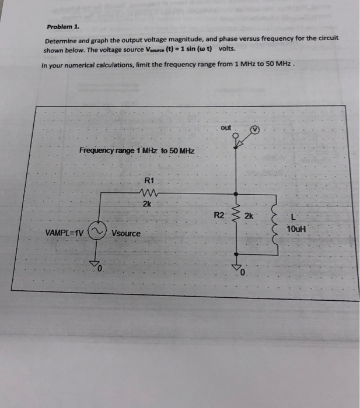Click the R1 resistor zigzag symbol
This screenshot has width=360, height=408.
(x=146, y=192)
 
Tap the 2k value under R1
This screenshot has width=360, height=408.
(x=147, y=204)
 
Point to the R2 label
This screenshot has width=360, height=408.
(x=219, y=215)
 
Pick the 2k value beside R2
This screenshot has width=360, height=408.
(x=249, y=215)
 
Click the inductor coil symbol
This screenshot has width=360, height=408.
(x=271, y=224)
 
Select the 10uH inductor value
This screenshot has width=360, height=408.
(x=296, y=229)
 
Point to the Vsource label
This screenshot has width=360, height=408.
(x=126, y=233)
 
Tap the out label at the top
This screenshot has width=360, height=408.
(x=226, y=128)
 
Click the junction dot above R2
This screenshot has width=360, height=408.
(x=236, y=194)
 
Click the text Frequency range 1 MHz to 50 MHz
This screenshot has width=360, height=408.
(x=137, y=151)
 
